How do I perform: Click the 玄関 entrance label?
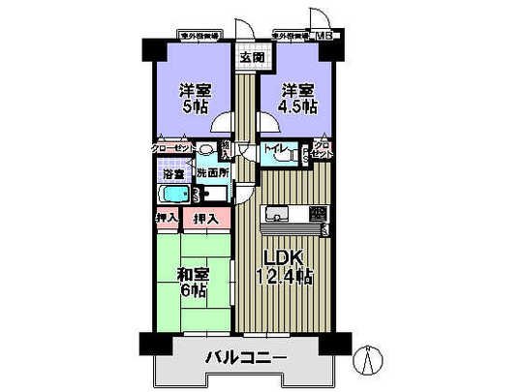coord(251,58)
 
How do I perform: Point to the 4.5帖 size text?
coord(297,108)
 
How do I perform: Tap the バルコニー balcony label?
coord(245,359)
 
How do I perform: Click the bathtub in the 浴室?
coord(173,195)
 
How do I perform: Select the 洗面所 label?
coord(212,172)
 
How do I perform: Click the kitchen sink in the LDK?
coord(277,214)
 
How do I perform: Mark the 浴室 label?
coord(173,174)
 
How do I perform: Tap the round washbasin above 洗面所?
coord(206,150)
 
